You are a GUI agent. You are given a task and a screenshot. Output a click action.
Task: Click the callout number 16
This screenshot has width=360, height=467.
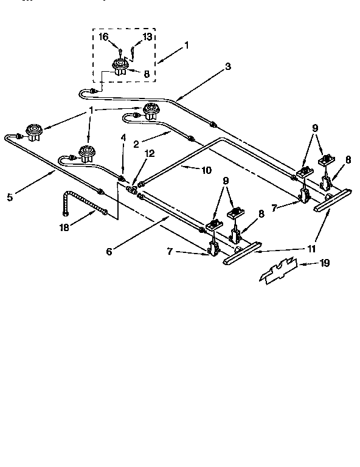point(104,38)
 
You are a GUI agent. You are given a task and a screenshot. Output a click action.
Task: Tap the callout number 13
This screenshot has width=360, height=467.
point(147,38)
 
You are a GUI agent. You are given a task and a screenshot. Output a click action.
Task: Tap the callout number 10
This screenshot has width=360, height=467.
point(206,170)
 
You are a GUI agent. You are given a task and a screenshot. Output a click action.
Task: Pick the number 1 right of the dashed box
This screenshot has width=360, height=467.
point(186,45)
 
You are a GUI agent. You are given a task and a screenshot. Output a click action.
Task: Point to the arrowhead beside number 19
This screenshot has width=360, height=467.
point(302,264)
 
